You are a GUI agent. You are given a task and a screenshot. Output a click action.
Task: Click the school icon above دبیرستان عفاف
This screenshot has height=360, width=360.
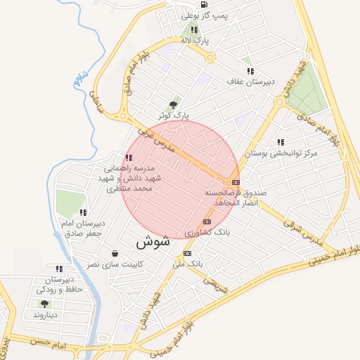[x=250, y=71]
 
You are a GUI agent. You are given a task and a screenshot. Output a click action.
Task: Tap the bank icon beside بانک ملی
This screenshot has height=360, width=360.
[x=187, y=253]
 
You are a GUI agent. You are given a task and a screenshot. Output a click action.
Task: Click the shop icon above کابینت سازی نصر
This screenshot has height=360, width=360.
[x=115, y=253]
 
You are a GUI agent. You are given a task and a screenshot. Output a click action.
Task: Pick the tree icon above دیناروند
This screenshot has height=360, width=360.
[x=44, y=304]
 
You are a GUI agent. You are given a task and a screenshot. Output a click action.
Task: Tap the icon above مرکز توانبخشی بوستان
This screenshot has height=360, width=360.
[x=281, y=142]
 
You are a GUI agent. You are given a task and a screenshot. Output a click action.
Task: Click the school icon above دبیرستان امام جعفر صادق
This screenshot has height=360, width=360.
[x=83, y=212]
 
